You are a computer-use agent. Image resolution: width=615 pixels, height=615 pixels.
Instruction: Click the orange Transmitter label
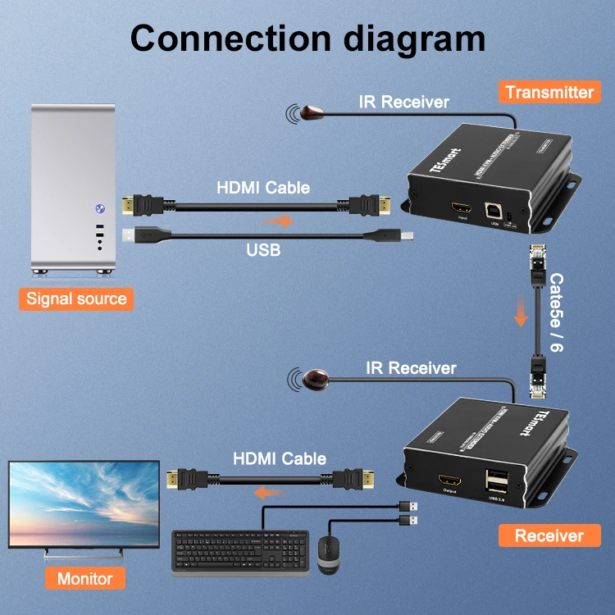point(549,92)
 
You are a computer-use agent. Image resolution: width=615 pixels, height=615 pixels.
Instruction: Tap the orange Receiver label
point(549,536)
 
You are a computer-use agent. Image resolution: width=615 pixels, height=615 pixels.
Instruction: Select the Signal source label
point(76,298)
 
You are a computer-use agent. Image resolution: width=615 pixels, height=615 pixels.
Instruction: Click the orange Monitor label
point(84,579)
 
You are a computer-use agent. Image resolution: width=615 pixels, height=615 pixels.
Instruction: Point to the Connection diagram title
point(307,38)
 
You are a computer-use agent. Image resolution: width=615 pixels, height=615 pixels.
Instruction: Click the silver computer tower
point(73,189)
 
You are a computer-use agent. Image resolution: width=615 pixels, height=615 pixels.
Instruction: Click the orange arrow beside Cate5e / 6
point(519,312)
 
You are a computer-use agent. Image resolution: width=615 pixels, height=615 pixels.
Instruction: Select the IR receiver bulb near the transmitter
point(312,112)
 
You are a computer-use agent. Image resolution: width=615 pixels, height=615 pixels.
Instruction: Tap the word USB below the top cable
point(263,248)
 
